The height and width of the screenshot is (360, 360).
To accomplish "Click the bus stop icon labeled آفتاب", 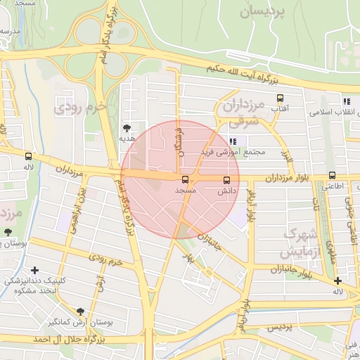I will click(281, 99).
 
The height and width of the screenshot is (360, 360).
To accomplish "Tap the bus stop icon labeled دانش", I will click(226, 179).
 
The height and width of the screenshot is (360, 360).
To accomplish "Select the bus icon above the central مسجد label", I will click(185, 180).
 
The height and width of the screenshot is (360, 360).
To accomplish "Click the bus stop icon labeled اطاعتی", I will click(332, 176).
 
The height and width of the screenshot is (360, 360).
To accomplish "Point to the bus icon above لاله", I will click(28, 157).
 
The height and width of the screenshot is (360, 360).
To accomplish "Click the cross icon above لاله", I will click(337, 281).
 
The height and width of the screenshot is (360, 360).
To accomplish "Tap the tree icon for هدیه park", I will click(127, 128).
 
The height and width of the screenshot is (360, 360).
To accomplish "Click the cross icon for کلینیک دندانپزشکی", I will click(35, 270).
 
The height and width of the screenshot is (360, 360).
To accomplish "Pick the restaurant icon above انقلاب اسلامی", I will click(346, 101).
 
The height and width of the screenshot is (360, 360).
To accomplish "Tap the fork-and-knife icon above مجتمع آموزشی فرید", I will click(233, 141).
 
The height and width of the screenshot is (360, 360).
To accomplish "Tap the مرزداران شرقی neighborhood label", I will click(243, 112).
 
